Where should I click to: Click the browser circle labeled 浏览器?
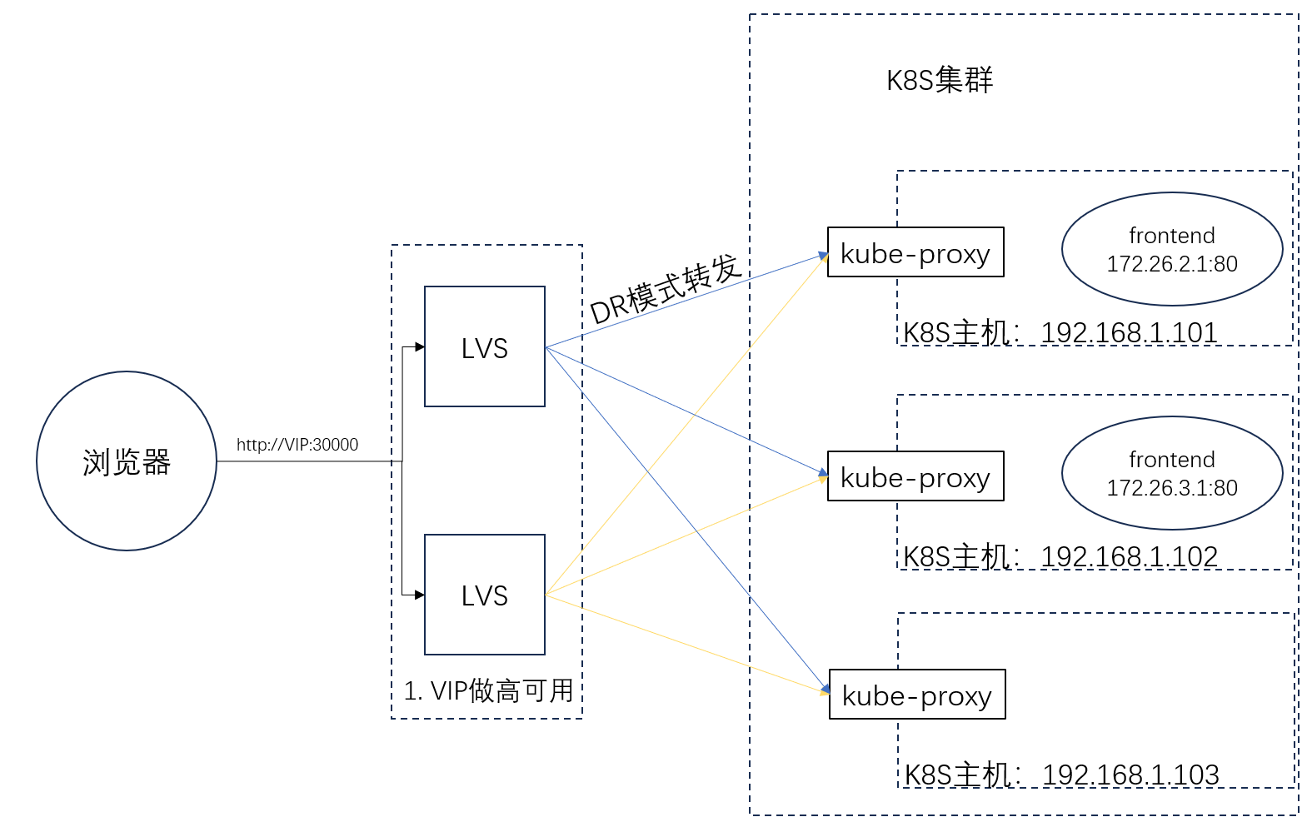pos(127,461)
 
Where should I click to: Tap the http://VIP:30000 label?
pos(297,445)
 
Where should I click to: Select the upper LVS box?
pos(484,346)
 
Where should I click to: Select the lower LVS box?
pos(484,595)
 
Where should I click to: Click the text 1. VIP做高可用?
pos(488,690)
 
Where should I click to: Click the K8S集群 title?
pos(939,80)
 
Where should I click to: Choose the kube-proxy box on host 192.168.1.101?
pos(915,252)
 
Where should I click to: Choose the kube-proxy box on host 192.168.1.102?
pos(915,476)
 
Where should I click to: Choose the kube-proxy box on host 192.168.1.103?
pos(916,695)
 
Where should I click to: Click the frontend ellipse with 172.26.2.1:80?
pos(1171,249)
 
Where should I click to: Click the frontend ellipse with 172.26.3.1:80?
pos(1171,473)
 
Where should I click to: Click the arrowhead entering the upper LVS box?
pos(420,347)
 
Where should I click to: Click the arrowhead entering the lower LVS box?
pos(420,595)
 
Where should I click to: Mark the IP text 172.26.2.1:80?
pos(1171,264)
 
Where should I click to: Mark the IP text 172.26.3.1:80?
pos(1171,488)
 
